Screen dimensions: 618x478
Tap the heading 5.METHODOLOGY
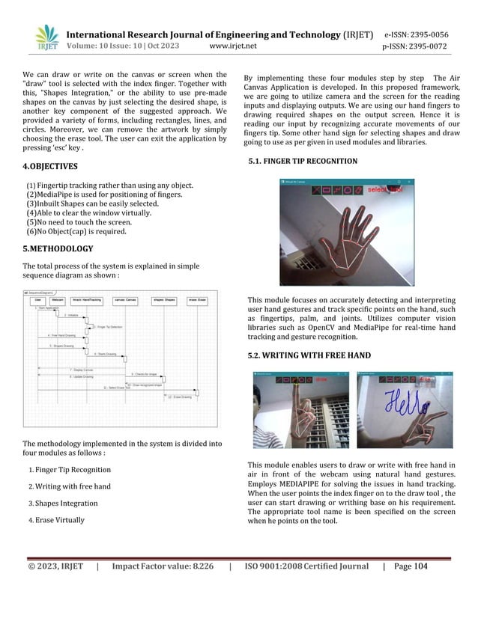click(x=58, y=248)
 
